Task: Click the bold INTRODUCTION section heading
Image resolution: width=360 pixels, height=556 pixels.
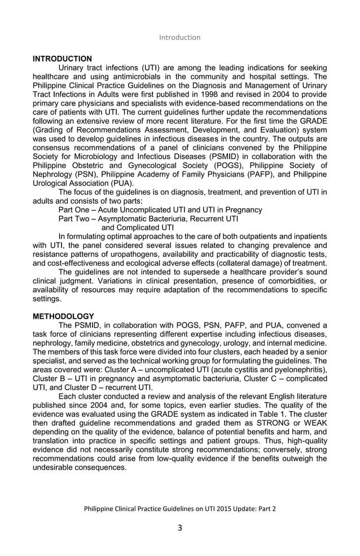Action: pos(62,59)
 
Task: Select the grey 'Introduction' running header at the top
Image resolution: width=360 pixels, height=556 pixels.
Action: pos(179,37)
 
